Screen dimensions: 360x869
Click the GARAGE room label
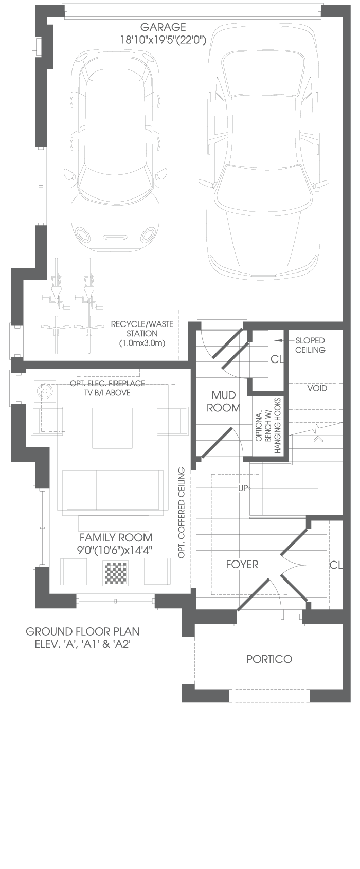[163, 27]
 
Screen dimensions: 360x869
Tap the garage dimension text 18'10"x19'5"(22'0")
[163, 39]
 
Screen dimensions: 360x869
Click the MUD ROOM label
[224, 402]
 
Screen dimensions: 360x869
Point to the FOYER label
[242, 565]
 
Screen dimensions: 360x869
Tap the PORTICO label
[269, 659]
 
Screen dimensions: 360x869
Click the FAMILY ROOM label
[116, 538]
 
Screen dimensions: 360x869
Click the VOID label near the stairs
[317, 388]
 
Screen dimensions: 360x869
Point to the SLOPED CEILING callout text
[310, 345]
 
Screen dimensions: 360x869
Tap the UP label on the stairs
[243, 488]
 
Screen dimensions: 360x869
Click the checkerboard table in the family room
[116, 573]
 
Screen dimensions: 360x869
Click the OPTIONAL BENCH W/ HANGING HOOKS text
[268, 426]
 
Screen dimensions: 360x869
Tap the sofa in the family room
[113, 490]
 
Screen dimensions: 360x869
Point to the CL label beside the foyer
[336, 565]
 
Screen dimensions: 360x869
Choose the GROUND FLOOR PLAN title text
[83, 631]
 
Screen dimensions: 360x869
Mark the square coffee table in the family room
[112, 428]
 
